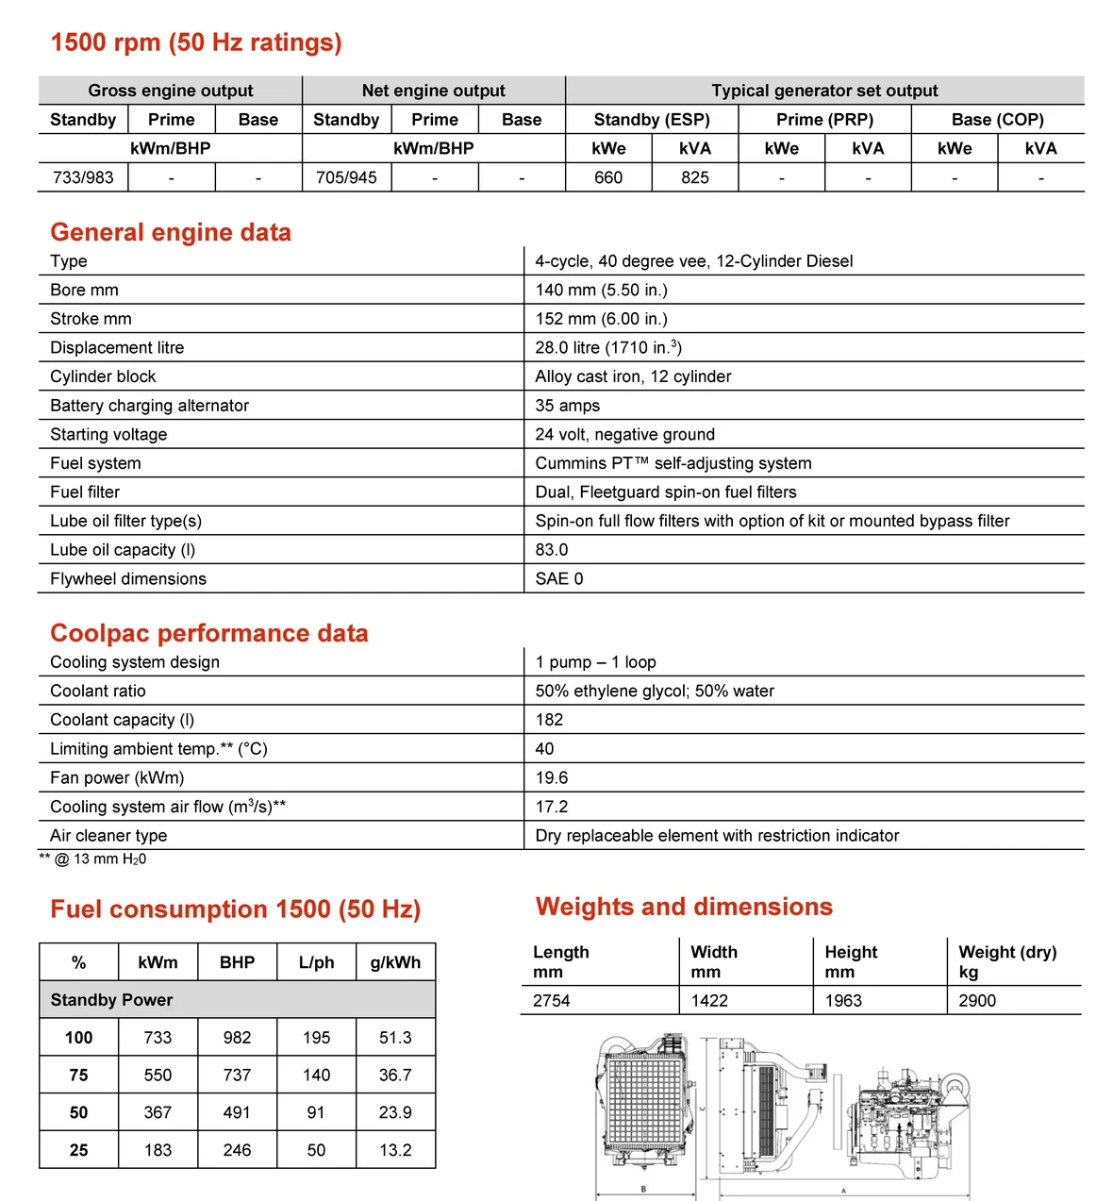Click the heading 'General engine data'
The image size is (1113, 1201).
[x=171, y=233]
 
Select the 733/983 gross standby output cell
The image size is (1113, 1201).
[x=83, y=177]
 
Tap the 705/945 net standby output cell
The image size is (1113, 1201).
[x=346, y=177]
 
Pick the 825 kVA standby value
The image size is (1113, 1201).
[x=695, y=177]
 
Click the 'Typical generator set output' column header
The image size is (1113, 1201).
[x=824, y=91]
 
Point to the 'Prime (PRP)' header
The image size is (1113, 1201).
[x=824, y=120]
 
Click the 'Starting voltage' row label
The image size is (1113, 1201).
[x=108, y=434]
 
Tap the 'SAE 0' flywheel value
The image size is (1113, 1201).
[x=559, y=578]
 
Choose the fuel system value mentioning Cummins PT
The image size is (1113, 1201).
[x=673, y=463]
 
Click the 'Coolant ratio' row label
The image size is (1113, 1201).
[x=98, y=691]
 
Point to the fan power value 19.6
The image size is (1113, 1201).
[x=552, y=777]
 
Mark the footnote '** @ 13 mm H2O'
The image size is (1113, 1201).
[x=92, y=859]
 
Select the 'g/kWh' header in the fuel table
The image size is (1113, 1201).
[x=395, y=962]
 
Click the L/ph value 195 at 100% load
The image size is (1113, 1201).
[x=316, y=1038]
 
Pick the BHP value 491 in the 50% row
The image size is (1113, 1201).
[x=237, y=1112]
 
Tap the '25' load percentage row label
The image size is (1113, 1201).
[x=78, y=1150]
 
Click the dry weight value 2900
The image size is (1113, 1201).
[x=977, y=1001]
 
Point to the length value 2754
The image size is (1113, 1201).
[x=552, y=1001]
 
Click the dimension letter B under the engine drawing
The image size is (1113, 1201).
[x=644, y=1189]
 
